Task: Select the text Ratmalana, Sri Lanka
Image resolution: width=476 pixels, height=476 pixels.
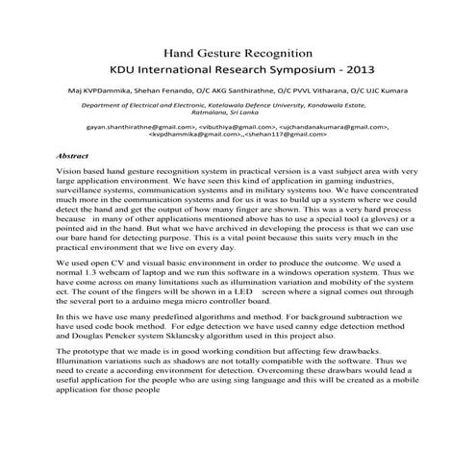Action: pyautogui.click(x=238, y=118)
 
